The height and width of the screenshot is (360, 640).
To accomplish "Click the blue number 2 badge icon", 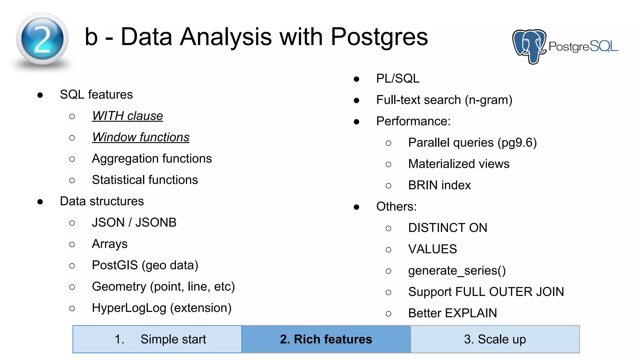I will (x=42, y=39).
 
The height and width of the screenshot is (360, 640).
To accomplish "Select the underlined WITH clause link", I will (x=127, y=116).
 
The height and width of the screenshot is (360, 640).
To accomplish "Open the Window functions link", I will (x=140, y=137).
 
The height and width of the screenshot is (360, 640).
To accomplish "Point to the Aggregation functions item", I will (x=152, y=158).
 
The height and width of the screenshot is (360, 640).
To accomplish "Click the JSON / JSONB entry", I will (x=134, y=222).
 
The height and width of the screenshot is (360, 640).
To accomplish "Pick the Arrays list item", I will (x=109, y=244).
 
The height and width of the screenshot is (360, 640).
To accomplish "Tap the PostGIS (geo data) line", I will (x=145, y=265).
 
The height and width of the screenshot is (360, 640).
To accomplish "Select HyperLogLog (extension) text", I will (x=162, y=308).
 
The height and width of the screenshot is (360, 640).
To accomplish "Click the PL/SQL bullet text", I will (x=397, y=78).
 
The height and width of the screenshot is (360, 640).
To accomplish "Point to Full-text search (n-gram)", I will (x=444, y=100).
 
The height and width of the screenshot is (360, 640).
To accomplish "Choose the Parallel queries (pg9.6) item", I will (x=472, y=142).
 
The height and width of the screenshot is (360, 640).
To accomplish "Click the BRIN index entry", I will (x=439, y=185).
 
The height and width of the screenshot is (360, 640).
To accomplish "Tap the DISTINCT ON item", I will (x=447, y=228).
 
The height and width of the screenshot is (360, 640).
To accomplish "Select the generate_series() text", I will (x=457, y=271).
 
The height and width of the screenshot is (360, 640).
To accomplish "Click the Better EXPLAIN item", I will (x=452, y=313).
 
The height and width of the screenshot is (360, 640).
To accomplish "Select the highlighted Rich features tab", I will (x=326, y=339).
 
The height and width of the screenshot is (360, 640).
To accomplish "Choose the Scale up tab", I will (x=495, y=339).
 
